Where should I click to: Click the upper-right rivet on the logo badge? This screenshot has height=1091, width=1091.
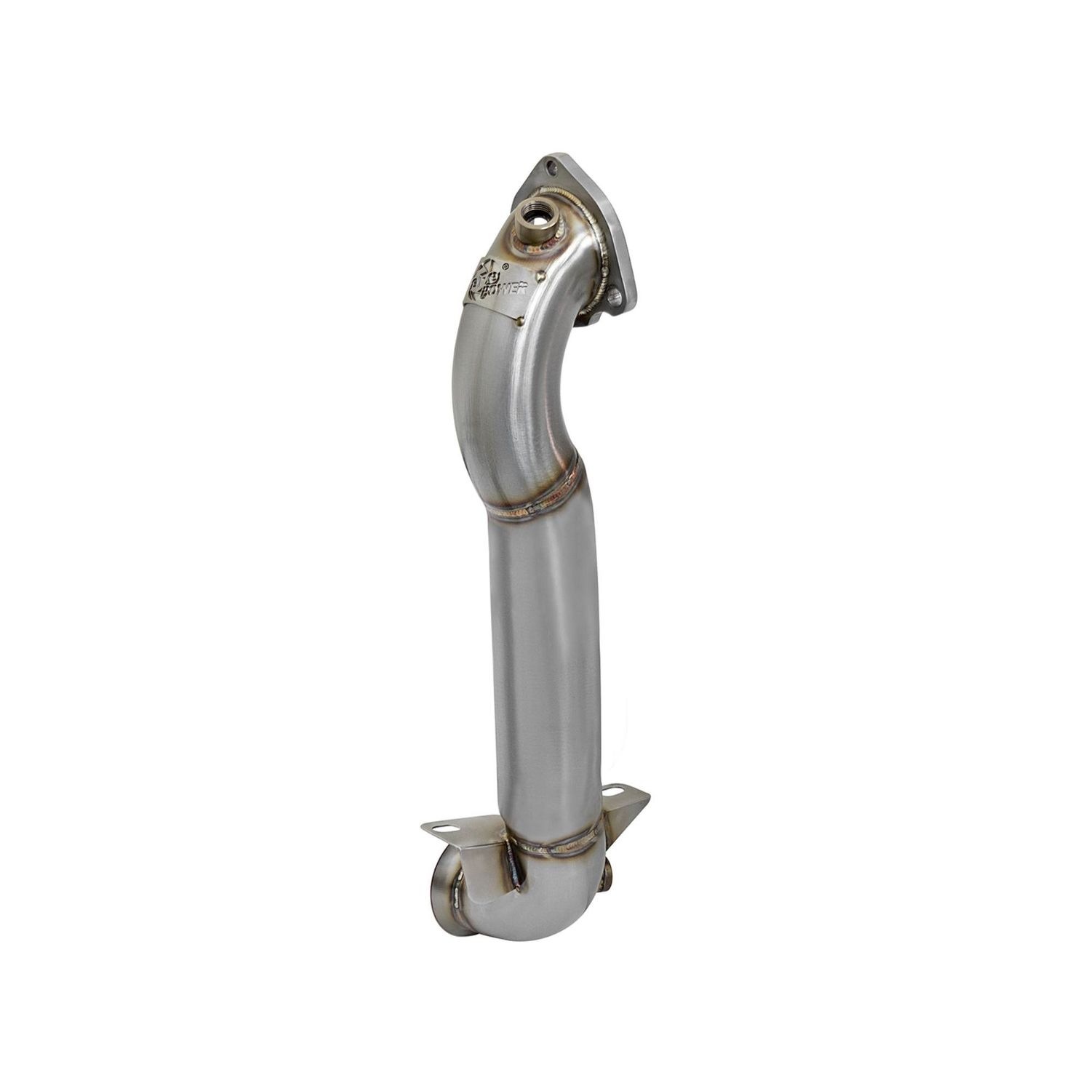point(543,276)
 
